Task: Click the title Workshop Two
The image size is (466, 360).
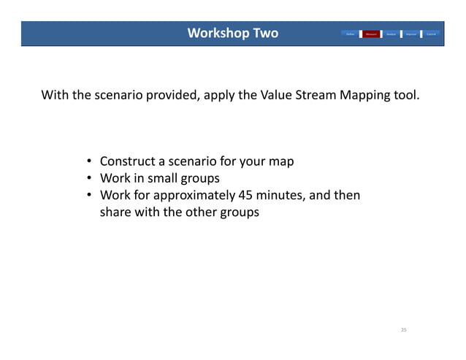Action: pyautogui.click(x=232, y=34)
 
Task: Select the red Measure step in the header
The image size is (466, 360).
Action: pyautogui.click(x=371, y=34)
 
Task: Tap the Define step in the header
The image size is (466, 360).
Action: pyautogui.click(x=351, y=34)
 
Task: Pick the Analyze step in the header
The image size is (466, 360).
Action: pyautogui.click(x=391, y=34)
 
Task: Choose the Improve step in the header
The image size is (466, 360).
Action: pyautogui.click(x=411, y=34)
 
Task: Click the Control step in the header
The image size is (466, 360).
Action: pyautogui.click(x=432, y=34)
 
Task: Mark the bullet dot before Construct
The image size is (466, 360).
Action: pyautogui.click(x=88, y=161)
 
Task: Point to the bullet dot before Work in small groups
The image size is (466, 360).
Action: pyautogui.click(x=88, y=178)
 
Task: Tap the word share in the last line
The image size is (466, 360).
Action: pyautogui.click(x=115, y=212)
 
